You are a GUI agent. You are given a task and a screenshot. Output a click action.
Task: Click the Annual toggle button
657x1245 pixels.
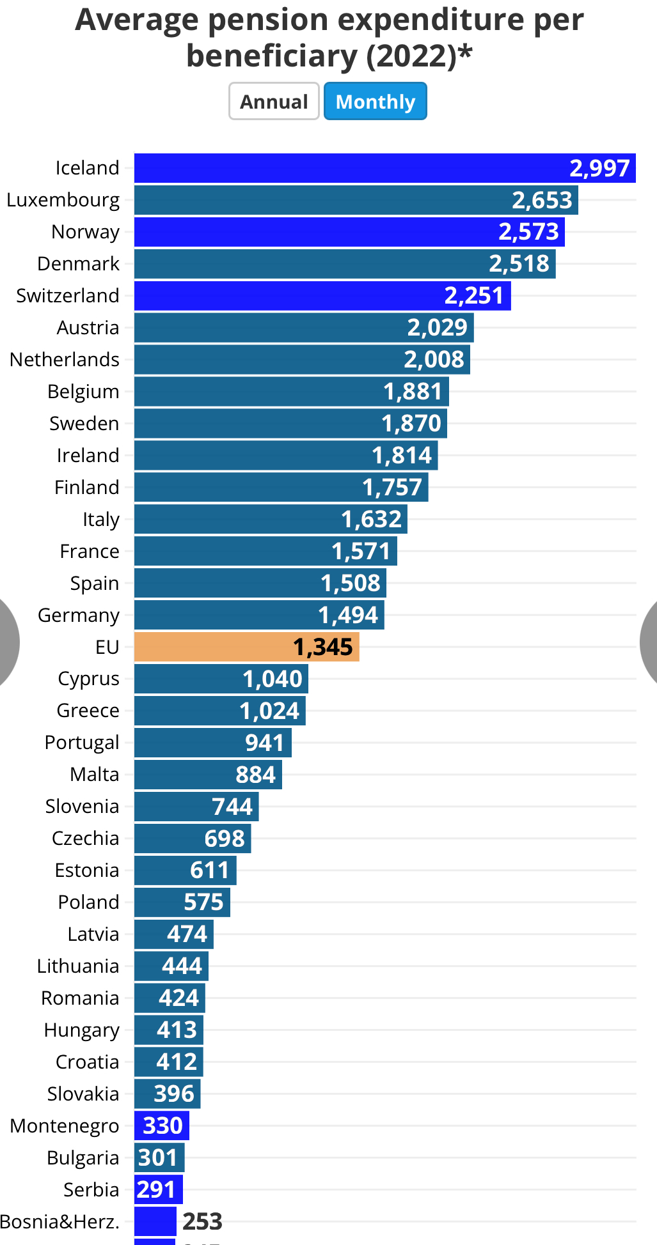coord(274,102)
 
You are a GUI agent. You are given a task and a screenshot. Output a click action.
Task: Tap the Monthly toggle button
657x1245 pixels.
coord(376,102)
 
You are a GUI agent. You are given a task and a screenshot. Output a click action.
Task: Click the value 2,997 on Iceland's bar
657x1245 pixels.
coord(599,168)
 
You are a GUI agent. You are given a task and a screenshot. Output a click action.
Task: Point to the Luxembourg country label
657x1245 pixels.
coord(63,200)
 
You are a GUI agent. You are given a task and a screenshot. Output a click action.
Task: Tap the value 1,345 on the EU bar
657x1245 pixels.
coord(322,647)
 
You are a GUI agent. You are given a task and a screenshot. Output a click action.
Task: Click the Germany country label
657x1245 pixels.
coord(79,615)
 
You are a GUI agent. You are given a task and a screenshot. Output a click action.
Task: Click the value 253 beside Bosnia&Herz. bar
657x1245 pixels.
coord(202,1221)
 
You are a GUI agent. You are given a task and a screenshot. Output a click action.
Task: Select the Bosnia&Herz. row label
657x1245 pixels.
coord(60,1221)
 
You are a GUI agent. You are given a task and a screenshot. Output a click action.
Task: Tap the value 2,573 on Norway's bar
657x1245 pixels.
coord(528,231)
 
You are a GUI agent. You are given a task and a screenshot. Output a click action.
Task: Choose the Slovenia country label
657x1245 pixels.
coord(82,807)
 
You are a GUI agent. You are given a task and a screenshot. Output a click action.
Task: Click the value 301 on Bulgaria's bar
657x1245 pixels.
coord(157,1157)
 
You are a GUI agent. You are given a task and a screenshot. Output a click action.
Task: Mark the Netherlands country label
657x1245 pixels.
coord(65,360)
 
